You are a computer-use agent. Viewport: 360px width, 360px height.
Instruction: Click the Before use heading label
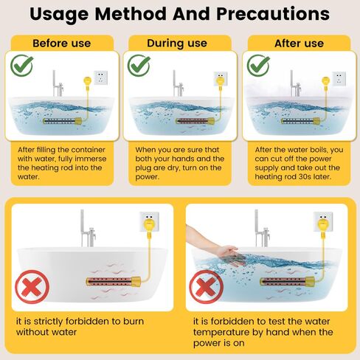pos(61,44)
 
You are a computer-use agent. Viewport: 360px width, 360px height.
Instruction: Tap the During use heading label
pos(179,44)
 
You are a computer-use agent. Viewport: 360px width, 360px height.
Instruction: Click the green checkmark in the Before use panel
pos(21,66)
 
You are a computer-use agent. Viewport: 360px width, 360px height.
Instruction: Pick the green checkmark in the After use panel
pos(257,66)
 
